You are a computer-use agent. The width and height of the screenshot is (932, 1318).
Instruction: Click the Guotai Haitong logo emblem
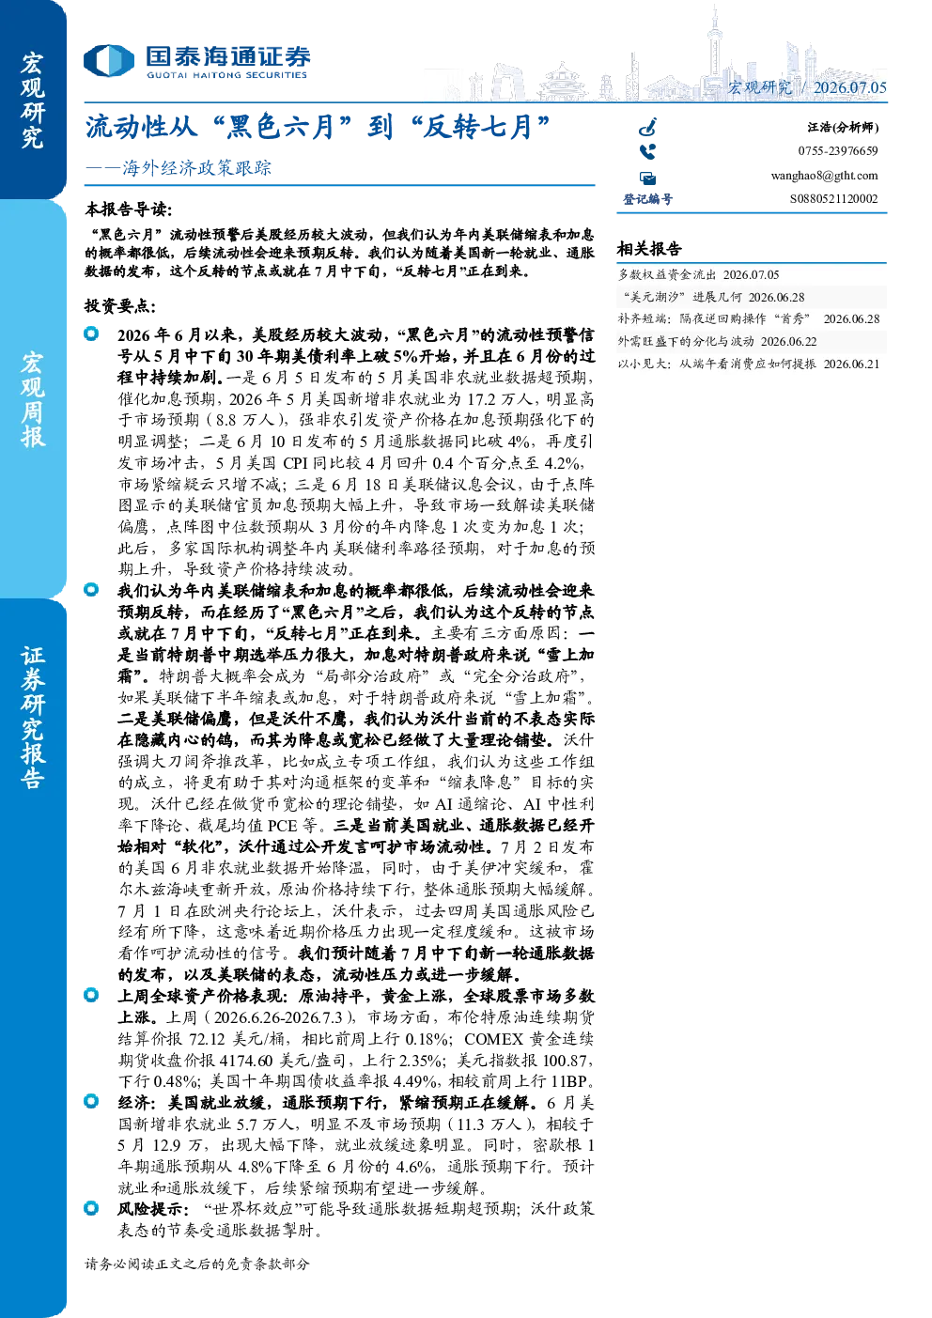pos(109,60)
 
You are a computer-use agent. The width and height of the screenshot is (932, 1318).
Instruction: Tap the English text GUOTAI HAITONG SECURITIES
pos(226,75)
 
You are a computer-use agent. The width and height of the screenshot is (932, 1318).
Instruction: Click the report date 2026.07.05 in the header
pos(849,87)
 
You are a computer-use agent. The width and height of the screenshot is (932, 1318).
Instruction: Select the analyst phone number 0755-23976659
pos(838,151)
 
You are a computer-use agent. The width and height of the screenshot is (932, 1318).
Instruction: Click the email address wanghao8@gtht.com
pos(824,176)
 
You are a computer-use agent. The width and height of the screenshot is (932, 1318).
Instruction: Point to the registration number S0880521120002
pos(833,199)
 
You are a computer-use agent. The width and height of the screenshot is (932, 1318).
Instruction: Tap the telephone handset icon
pos(647,152)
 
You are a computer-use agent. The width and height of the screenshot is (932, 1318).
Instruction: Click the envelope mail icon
pos(648,178)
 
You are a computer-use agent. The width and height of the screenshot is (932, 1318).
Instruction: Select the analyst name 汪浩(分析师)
pos(843,127)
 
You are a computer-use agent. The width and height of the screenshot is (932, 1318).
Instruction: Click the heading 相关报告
pos(649,249)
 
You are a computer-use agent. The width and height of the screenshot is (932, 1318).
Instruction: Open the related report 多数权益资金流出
pos(667,275)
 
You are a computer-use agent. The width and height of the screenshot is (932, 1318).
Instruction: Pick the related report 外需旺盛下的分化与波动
pos(686,341)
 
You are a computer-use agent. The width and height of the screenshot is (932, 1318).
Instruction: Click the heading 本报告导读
pos(129,209)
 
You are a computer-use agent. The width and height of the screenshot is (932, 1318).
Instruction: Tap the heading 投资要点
pos(120,306)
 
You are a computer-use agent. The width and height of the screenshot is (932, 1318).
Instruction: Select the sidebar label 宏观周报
pos(32,400)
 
